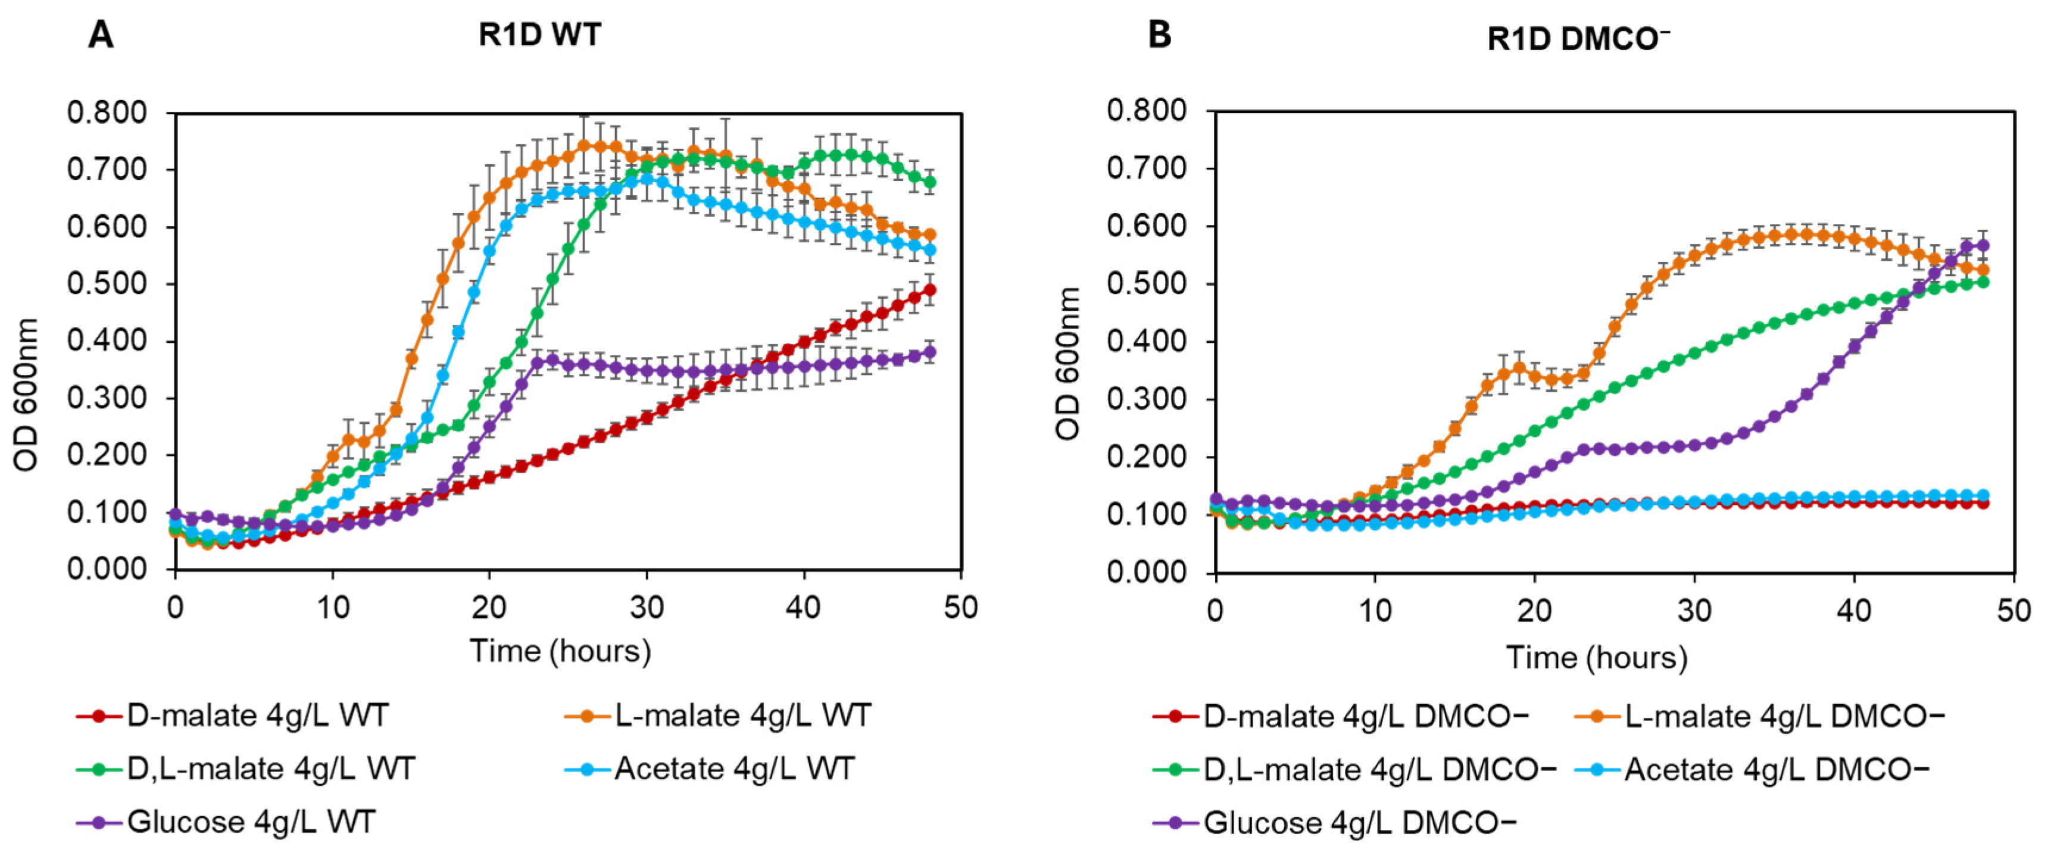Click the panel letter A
(101, 36)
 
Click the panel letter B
(1159, 36)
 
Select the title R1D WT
(540, 36)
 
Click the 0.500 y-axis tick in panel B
(1147, 285)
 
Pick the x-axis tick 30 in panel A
(647, 608)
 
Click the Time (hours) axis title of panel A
(560, 651)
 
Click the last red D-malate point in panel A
(928, 290)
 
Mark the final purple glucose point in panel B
(1983, 245)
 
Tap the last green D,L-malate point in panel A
(928, 182)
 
